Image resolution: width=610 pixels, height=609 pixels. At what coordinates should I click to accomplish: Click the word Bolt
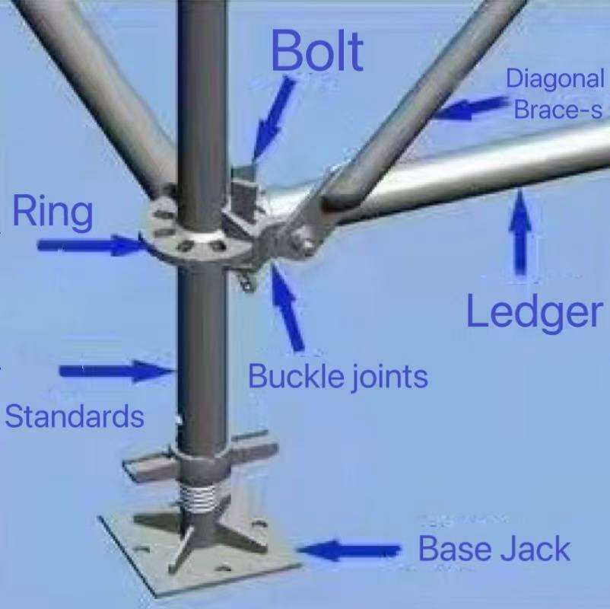click(317, 51)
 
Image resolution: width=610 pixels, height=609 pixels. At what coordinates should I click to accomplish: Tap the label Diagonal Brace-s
click(554, 94)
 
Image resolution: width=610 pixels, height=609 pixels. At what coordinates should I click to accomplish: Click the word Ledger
click(533, 312)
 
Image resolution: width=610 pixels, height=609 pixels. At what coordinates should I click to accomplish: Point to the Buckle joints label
click(338, 376)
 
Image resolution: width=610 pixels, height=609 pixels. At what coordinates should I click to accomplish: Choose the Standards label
click(75, 416)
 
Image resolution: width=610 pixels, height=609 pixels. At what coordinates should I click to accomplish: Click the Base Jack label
click(494, 548)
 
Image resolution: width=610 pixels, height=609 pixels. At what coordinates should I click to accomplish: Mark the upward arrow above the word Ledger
click(520, 233)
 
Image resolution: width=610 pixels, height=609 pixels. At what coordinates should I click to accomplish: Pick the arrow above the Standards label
click(116, 371)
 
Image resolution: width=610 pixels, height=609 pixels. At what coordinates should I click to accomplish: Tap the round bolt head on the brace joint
click(306, 247)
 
